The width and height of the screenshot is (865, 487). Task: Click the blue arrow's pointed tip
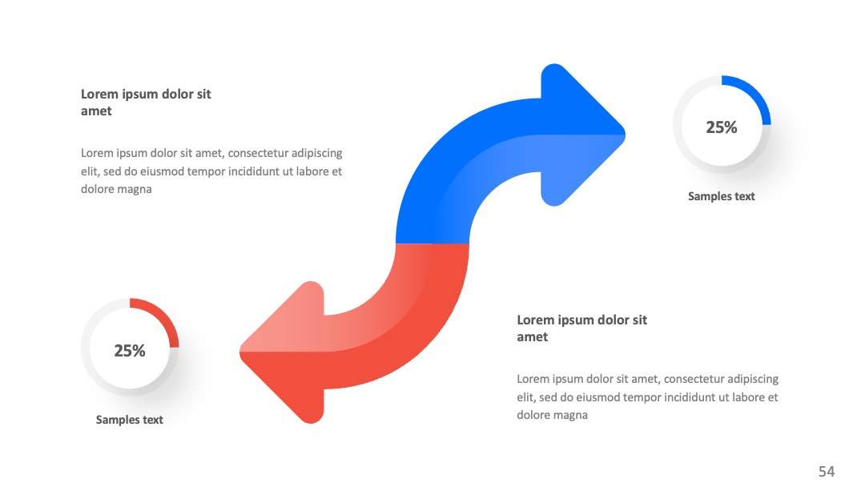(625, 135)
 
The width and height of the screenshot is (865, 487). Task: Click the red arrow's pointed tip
(240, 352)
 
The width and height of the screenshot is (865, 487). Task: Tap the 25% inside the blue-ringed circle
(722, 127)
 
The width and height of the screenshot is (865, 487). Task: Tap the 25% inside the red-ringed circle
(130, 351)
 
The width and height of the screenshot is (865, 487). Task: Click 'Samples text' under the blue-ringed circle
(722, 196)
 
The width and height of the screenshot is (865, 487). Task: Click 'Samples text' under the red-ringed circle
(130, 420)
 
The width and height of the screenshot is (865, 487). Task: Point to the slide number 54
(827, 472)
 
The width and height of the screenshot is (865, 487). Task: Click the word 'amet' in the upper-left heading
(97, 111)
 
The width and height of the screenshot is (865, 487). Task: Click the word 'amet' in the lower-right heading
(533, 337)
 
